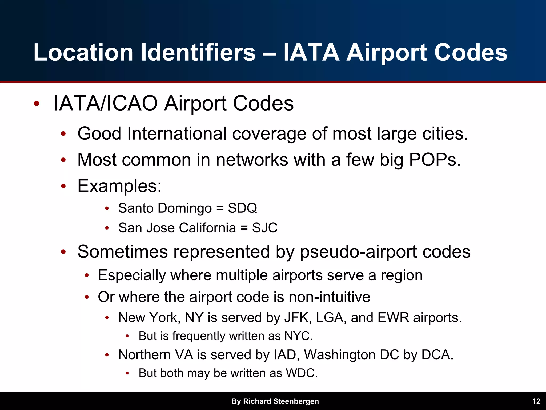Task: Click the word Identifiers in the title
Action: [x=198, y=52]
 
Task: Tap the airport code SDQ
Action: [x=242, y=208]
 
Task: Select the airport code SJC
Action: [x=264, y=228]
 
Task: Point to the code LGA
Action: [x=330, y=318]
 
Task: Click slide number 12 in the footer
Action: [x=536, y=401]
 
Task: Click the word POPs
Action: [x=435, y=160]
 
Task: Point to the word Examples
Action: [x=119, y=186]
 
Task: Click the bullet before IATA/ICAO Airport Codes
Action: [x=37, y=104]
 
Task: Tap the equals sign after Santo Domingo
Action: [x=220, y=208]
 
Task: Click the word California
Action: [x=207, y=228]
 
